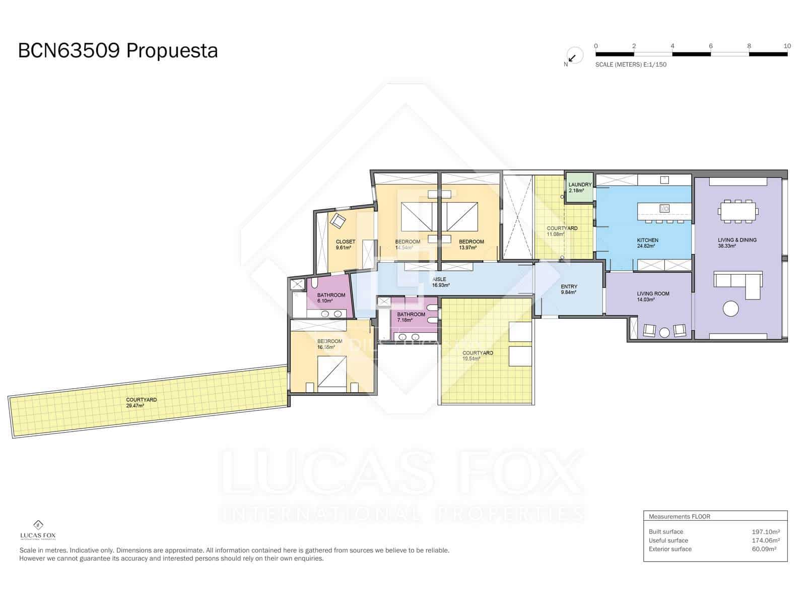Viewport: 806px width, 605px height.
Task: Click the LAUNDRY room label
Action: [579, 188]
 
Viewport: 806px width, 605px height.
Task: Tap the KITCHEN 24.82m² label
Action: [647, 243]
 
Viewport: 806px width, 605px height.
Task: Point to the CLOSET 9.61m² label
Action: [345, 245]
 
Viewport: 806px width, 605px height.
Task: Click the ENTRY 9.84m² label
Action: [569, 289]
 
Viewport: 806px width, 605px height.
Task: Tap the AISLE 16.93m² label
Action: [440, 282]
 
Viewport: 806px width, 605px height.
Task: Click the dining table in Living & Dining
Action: [738, 211]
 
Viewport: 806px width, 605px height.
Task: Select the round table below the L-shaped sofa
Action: [730, 309]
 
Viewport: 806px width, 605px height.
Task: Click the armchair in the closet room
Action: [338, 220]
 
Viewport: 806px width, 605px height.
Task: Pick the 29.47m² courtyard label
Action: [141, 402]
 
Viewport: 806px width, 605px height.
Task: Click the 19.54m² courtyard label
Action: [477, 355]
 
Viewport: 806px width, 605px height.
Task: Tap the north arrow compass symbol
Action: [573, 56]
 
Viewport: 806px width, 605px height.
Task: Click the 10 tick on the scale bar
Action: [787, 46]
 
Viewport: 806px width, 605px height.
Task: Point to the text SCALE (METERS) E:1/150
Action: [631, 65]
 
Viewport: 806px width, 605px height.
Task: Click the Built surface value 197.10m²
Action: [765, 531]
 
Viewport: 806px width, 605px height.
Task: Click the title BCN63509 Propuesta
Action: [118, 51]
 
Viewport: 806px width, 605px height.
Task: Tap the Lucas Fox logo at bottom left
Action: [38, 529]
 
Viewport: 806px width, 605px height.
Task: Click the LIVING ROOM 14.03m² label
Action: [652, 296]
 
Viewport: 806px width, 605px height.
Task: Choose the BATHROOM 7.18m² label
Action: [411, 317]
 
